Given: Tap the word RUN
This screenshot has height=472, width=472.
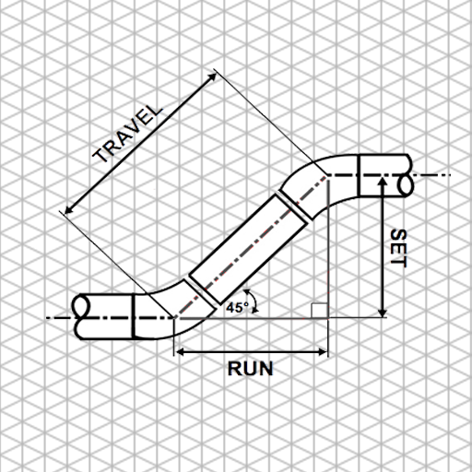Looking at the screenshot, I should pos(251,370).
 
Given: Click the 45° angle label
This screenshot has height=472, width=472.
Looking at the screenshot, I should pos(236,307).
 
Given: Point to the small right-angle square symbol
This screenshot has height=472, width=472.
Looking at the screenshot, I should pos(316,309).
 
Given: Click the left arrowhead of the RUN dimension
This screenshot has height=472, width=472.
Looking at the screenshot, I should pos(181,351).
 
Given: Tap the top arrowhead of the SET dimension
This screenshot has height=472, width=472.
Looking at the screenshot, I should pos(382,179).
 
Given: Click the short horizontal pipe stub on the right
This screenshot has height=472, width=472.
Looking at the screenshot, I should pos(378,175).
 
